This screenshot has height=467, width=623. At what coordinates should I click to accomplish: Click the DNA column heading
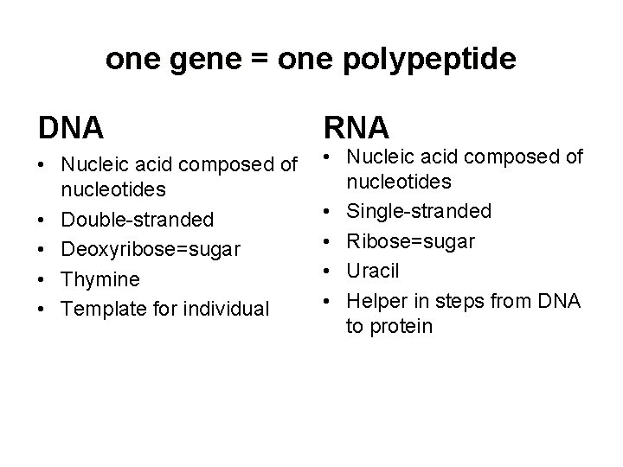(71, 127)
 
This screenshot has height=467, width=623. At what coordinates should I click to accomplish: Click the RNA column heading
(357, 127)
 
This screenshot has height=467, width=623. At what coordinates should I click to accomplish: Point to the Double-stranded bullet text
(140, 219)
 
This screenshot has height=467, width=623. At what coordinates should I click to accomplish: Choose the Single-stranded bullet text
(419, 211)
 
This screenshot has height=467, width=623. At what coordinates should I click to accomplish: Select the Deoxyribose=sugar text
(153, 249)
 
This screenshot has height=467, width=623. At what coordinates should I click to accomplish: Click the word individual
(227, 309)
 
